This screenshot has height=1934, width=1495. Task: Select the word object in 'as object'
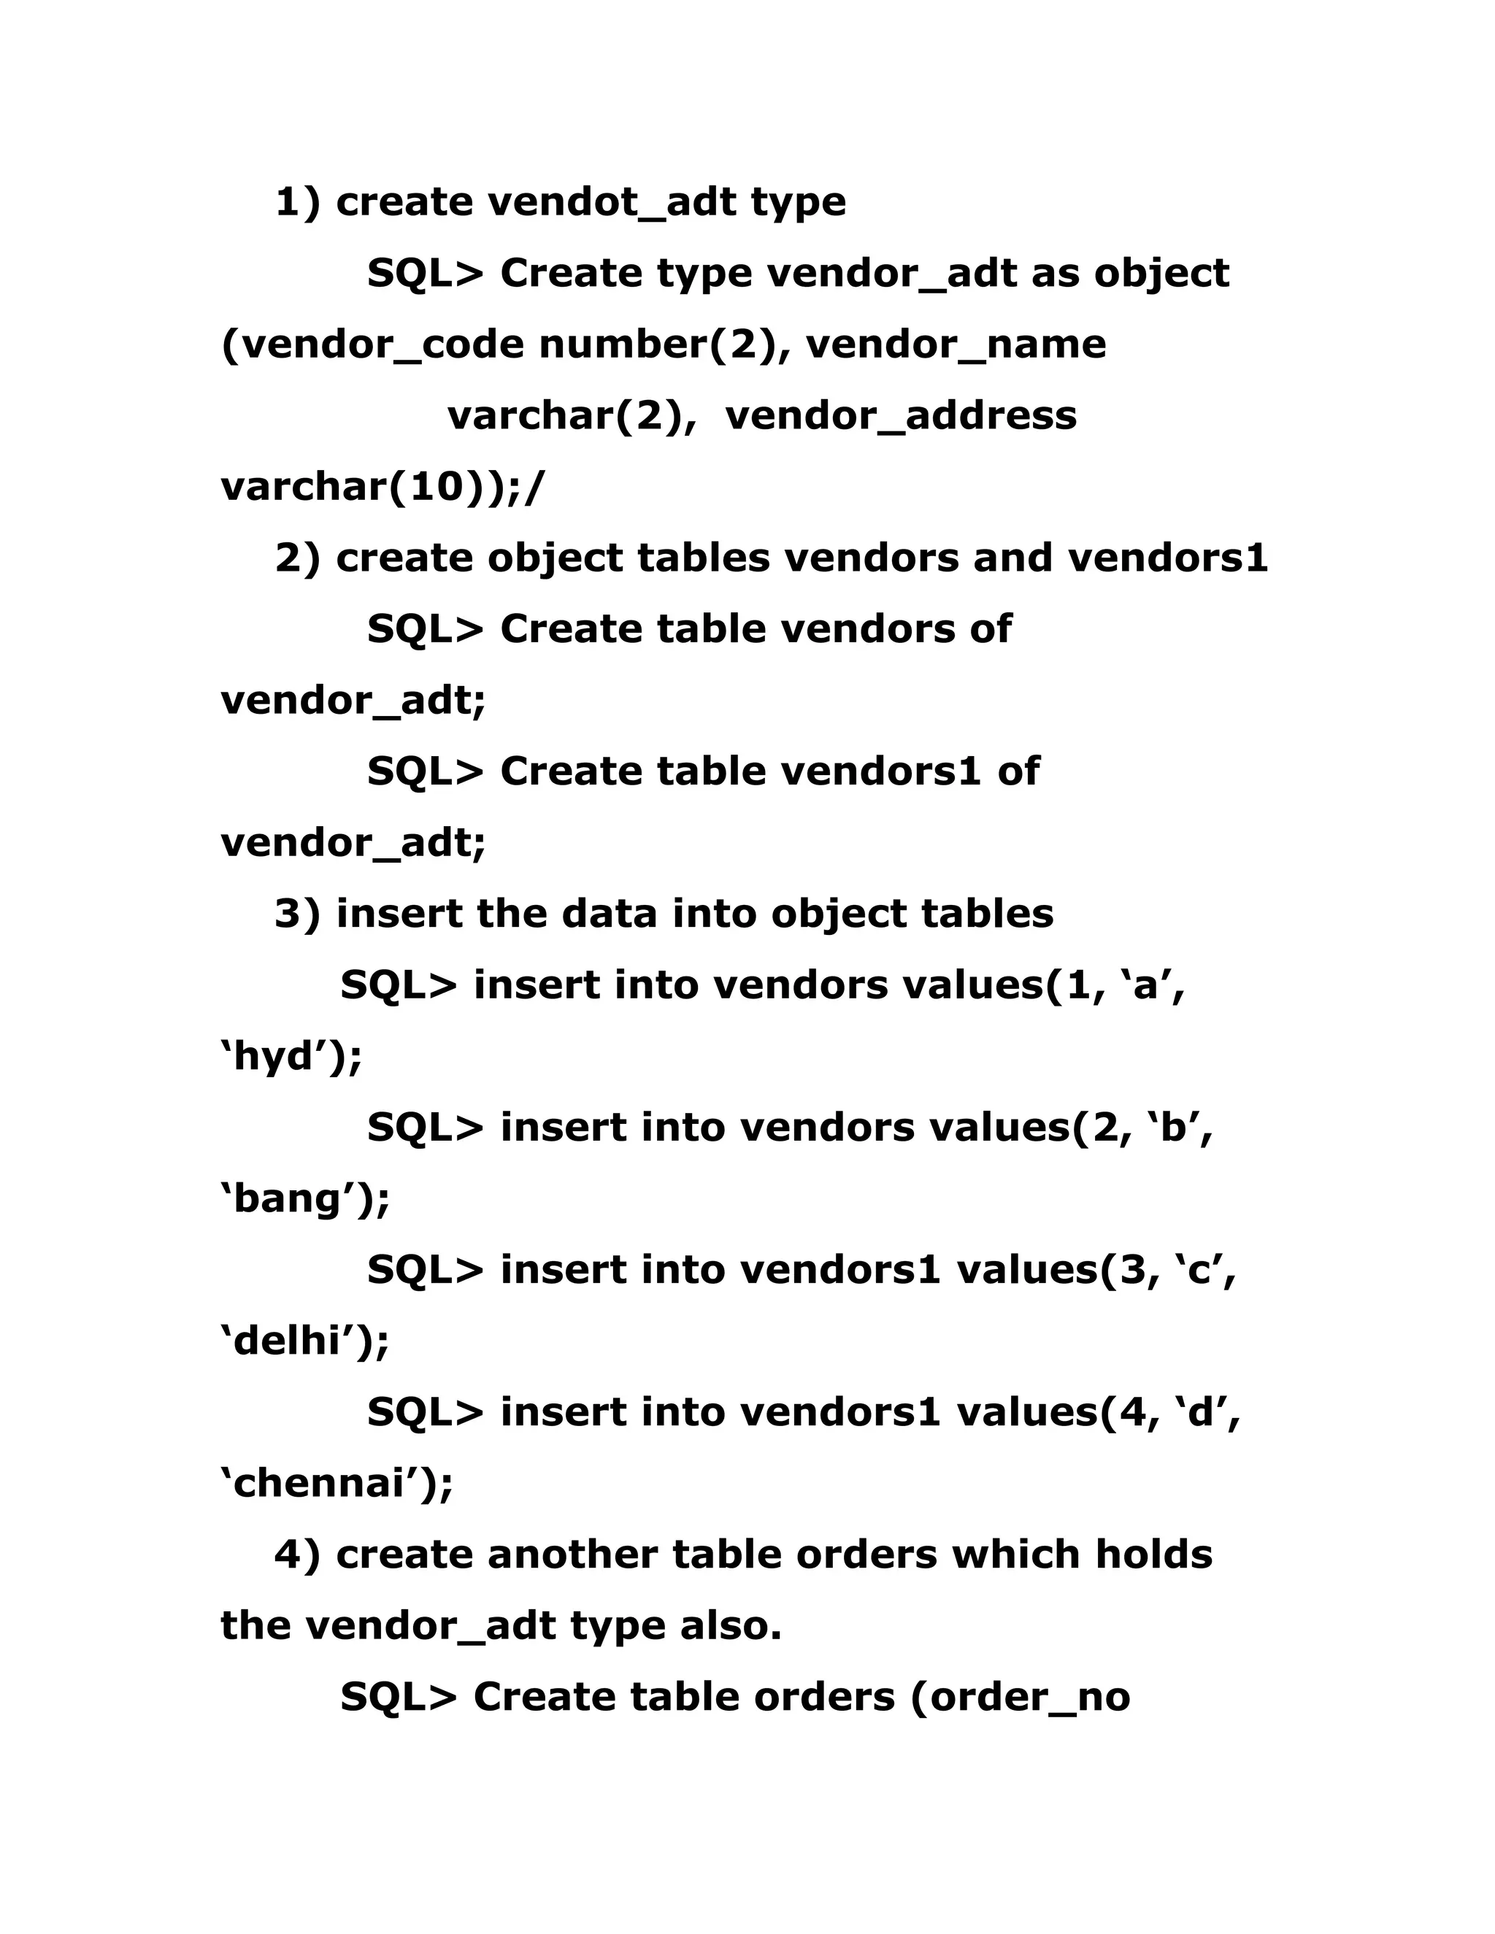[x=1161, y=274]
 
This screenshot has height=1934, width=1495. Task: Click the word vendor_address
[x=901, y=415]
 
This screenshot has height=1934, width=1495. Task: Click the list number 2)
[x=298, y=558]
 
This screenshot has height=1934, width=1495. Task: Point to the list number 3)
[x=298, y=914]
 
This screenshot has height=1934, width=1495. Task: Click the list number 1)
[x=298, y=202]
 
